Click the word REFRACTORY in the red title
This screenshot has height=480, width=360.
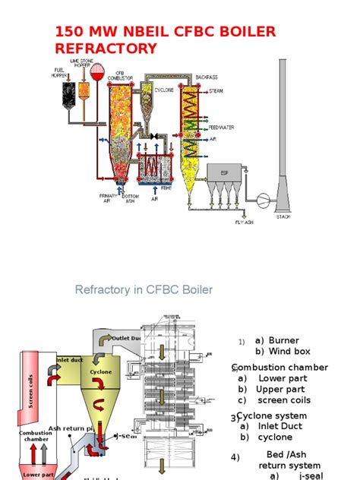coord(106,49)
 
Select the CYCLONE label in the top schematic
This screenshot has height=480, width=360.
coord(164,90)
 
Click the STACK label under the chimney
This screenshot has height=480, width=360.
coord(283,216)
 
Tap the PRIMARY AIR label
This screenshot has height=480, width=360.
coord(109,198)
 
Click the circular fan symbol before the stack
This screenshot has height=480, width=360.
coord(264,199)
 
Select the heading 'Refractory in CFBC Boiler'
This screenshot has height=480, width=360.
coord(144,290)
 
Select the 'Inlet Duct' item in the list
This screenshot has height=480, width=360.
coord(280,426)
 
